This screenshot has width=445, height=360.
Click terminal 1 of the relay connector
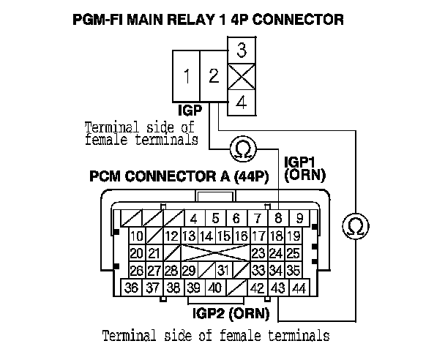pyautogui.click(x=188, y=76)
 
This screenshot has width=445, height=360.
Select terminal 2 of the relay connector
pyautogui.click(x=214, y=76)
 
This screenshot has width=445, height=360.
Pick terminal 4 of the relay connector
pyautogui.click(x=242, y=102)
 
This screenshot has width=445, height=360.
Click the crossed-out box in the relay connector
pyautogui.click(x=242, y=76)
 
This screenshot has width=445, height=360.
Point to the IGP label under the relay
pyautogui.click(x=191, y=111)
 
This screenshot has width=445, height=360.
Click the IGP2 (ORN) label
pyautogui.click(x=230, y=315)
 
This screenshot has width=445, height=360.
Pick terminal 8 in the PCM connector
pyautogui.click(x=278, y=218)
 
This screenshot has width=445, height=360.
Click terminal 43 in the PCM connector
pyautogui.click(x=278, y=288)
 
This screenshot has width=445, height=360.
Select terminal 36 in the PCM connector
pyautogui.click(x=132, y=288)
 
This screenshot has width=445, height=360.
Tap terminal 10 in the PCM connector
pyautogui.click(x=136, y=236)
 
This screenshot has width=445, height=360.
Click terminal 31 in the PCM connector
pyautogui.click(x=222, y=271)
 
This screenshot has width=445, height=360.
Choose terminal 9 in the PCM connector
pyautogui.click(x=299, y=218)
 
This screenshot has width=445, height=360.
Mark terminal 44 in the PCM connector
pyautogui.click(x=299, y=288)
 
